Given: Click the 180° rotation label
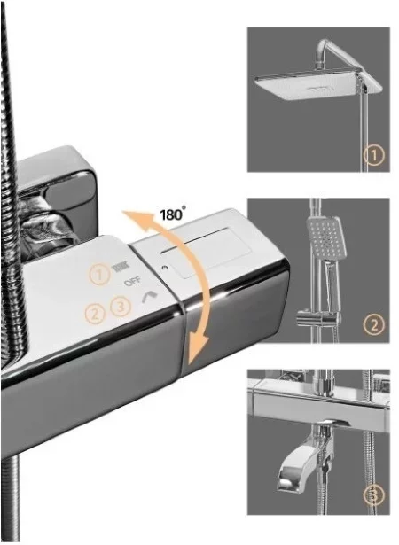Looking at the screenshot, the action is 173,214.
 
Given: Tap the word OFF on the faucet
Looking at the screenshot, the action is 132,281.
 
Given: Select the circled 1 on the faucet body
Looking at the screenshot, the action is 100,275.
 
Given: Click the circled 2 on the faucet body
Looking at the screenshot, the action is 95,314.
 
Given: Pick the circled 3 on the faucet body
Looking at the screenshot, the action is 121,307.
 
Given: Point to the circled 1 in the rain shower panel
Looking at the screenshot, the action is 375,155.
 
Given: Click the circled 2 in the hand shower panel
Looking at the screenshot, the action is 374,324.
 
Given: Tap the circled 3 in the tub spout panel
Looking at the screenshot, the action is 374,494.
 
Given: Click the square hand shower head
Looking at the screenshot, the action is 323,237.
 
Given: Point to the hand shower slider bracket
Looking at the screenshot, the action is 317,317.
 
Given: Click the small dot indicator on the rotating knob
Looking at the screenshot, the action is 164,268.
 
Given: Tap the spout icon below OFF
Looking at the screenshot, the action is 150,297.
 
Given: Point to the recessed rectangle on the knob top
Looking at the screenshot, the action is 205,253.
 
